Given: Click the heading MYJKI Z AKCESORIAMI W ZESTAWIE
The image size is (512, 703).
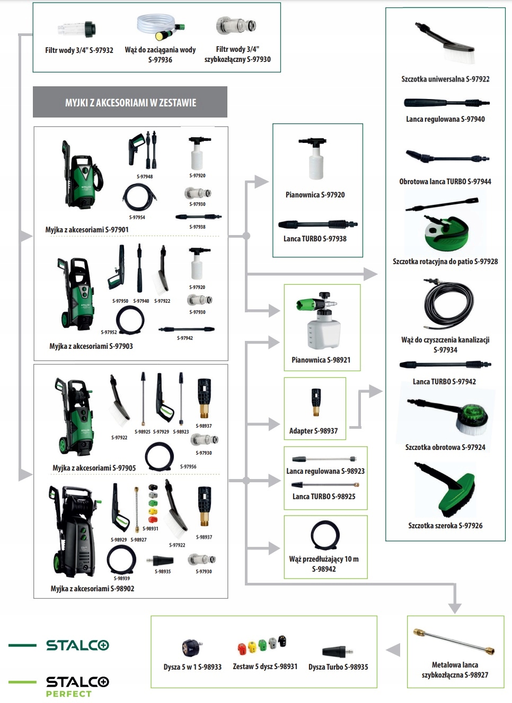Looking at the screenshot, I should click(x=130, y=103).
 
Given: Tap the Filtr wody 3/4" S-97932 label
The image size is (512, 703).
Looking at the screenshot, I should click(x=79, y=50).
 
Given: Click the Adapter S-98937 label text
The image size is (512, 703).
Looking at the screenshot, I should click(x=313, y=431).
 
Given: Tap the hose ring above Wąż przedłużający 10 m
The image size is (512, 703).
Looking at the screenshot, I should click(x=324, y=535).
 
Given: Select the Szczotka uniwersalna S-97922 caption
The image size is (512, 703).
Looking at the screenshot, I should click(x=445, y=79).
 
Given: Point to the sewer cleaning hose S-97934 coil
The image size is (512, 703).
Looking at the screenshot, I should click(x=448, y=304).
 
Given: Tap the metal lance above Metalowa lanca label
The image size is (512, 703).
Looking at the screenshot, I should click(x=454, y=642).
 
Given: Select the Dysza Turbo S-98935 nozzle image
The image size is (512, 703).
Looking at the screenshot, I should click(x=336, y=651).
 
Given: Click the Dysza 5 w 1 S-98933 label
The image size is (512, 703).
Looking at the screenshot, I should click(x=192, y=667).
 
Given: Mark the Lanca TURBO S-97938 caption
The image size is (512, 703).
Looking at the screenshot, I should click(x=315, y=239).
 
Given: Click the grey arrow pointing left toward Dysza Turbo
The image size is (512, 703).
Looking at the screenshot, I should click(x=393, y=650).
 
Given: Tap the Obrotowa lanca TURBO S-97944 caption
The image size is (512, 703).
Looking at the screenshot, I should click(x=445, y=182).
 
